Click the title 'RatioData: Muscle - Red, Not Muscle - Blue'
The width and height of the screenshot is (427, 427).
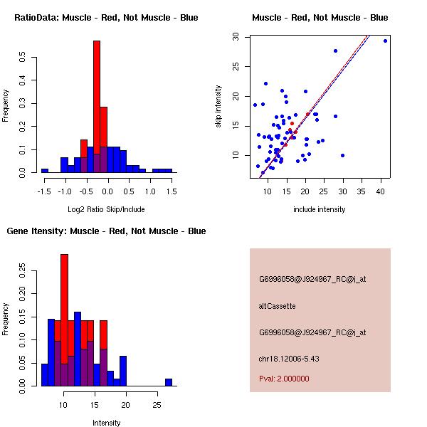click(106, 17)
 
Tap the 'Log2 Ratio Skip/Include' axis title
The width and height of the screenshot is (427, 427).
click(106, 209)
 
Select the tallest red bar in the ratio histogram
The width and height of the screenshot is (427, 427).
click(97, 107)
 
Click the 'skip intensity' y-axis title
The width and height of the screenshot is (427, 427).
click(219, 107)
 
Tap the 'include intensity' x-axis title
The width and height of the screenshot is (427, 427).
click(320, 209)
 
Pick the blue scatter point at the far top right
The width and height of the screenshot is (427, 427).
click(385, 41)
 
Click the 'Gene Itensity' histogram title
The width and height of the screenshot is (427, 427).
click(106, 231)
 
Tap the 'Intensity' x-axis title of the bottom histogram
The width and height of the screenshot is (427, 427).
click(106, 423)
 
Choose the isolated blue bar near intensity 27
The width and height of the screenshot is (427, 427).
click(169, 382)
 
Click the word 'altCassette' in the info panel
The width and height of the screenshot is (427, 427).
click(277, 306)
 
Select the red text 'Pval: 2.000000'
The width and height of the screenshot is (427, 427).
click(284, 379)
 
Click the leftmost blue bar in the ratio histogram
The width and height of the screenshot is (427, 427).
click(44, 171)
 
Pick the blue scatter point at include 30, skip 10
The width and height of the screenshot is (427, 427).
click(343, 155)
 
